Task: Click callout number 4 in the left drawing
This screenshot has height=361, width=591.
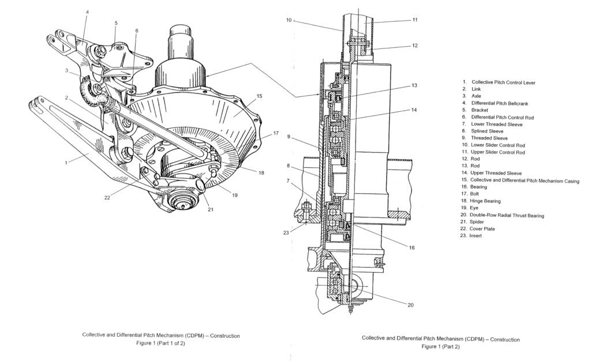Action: pyautogui.click(x=87, y=12)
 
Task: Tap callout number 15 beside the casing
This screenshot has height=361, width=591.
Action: pyautogui.click(x=260, y=96)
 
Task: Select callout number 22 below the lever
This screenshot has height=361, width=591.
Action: pyautogui.click(x=107, y=198)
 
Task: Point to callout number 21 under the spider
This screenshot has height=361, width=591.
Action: pyautogui.click(x=210, y=209)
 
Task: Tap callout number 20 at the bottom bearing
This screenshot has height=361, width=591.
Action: pyautogui.click(x=410, y=304)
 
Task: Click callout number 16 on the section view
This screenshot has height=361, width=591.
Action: pyautogui.click(x=411, y=247)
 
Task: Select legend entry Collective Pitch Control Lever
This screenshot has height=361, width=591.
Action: pyautogui.click(x=503, y=82)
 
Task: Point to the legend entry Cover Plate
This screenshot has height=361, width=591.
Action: pyautogui.click(x=482, y=229)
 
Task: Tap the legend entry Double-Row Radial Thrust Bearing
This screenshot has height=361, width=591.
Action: pyautogui.click(x=506, y=215)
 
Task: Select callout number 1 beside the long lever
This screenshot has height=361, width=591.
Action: pyautogui.click(x=66, y=163)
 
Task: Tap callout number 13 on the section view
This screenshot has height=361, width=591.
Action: pyautogui.click(x=414, y=85)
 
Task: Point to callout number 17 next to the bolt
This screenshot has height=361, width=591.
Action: pyautogui.click(x=269, y=133)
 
